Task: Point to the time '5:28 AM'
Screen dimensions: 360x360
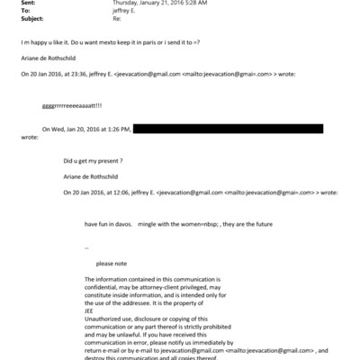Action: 193,4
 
